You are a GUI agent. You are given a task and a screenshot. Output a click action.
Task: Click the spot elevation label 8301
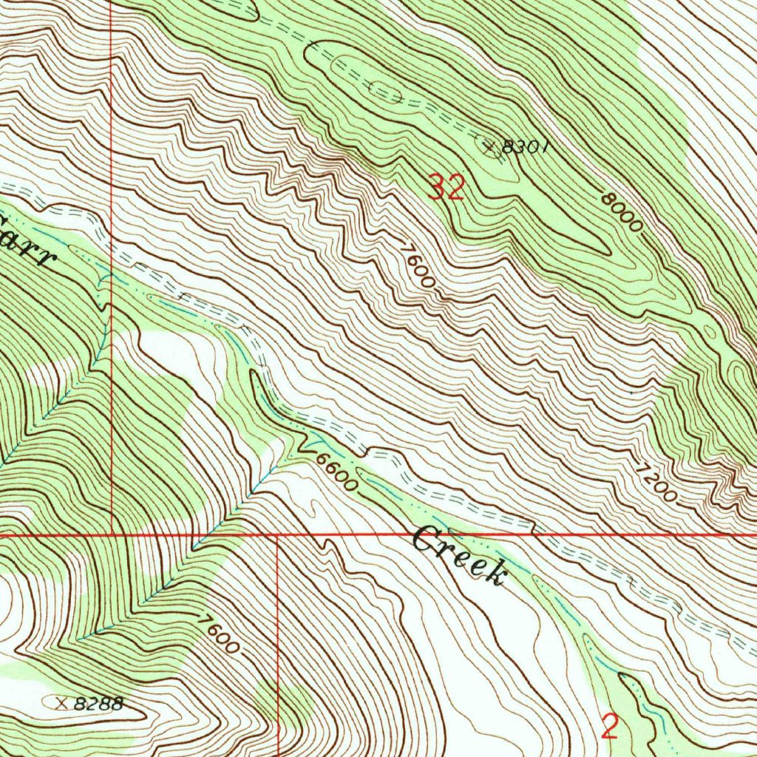click(525, 146)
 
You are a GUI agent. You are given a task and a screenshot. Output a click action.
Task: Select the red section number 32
click(447, 189)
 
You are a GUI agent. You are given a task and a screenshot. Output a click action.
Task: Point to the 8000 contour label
click(619, 212)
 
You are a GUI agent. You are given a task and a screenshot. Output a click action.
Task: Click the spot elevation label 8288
click(99, 704)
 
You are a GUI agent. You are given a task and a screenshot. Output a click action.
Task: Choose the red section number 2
click(609, 727)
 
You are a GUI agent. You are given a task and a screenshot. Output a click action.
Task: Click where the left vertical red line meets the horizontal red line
click(111, 533)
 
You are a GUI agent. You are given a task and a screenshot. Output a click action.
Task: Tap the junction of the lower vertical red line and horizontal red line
click(277, 533)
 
